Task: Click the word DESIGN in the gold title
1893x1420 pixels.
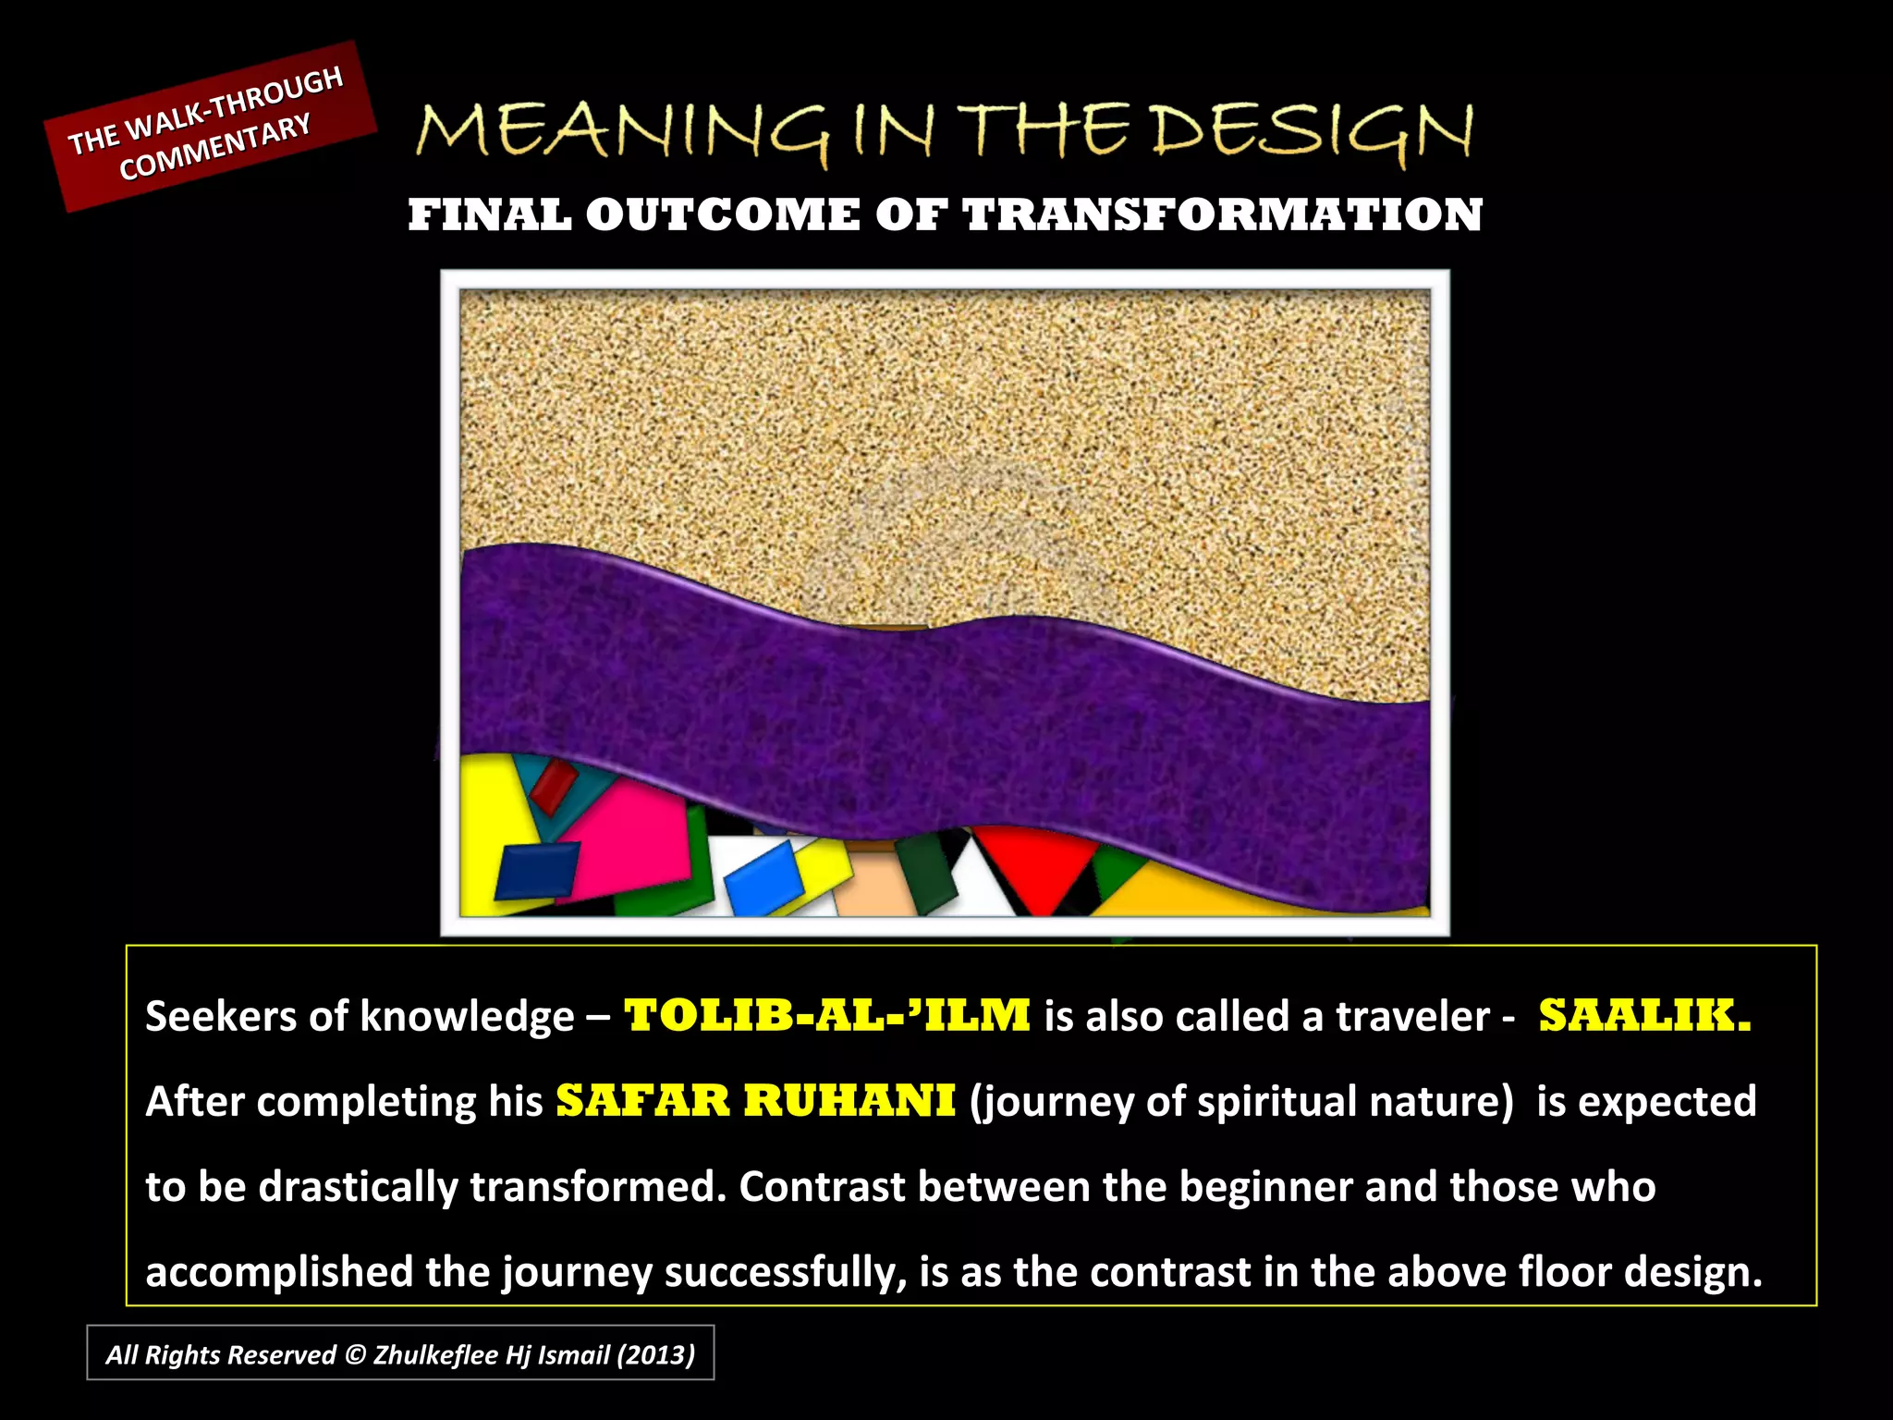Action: coord(1313,131)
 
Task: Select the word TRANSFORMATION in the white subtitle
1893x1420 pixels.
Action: coord(1222,215)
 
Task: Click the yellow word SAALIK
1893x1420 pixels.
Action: coord(1644,1015)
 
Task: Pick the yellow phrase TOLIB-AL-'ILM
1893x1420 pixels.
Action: coord(827,1015)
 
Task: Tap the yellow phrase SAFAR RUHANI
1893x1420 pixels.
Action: coord(755,1100)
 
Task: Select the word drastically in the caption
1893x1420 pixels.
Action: coord(359,1187)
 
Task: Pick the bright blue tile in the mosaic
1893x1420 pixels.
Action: coord(763,878)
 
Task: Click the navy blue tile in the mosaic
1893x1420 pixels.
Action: coord(536,870)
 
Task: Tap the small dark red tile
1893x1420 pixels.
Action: coord(553,786)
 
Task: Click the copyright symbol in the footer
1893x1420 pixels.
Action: coord(354,1354)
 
